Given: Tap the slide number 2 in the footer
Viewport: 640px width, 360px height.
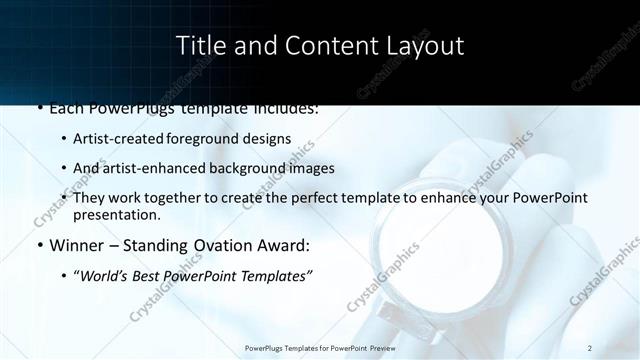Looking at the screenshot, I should tap(590, 347).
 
